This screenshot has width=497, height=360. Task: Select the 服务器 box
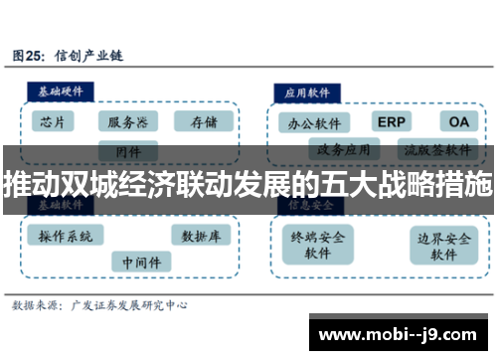tap(128, 121)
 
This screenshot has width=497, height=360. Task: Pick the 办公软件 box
tap(313, 123)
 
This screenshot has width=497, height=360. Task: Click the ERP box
tap(391, 121)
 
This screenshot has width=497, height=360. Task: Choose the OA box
tap(457, 121)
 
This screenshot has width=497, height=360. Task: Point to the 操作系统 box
tap(66, 236)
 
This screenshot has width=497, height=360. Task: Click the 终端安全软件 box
tap(318, 245)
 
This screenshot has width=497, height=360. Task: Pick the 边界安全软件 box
tap(443, 245)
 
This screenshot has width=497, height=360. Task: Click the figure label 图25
tap(31, 57)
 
